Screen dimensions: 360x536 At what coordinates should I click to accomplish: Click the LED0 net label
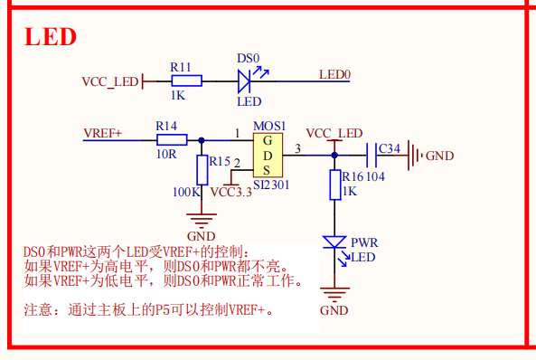click(334, 74)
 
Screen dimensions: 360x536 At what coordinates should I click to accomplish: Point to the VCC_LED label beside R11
click(110, 82)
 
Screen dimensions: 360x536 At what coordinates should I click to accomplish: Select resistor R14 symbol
click(171, 139)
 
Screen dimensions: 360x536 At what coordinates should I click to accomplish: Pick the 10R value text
click(165, 154)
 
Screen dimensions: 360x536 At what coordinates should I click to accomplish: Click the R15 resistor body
click(201, 168)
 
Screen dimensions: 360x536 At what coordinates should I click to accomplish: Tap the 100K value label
click(185, 192)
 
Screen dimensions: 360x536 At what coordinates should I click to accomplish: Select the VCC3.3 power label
click(231, 192)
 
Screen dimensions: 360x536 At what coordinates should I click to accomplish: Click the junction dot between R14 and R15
click(201, 139)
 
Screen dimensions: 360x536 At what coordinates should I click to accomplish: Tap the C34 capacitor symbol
click(371, 155)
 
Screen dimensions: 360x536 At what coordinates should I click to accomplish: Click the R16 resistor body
click(334, 185)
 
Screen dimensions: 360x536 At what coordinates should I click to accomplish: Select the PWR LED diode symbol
click(334, 243)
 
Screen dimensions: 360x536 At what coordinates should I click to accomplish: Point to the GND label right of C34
click(439, 156)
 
